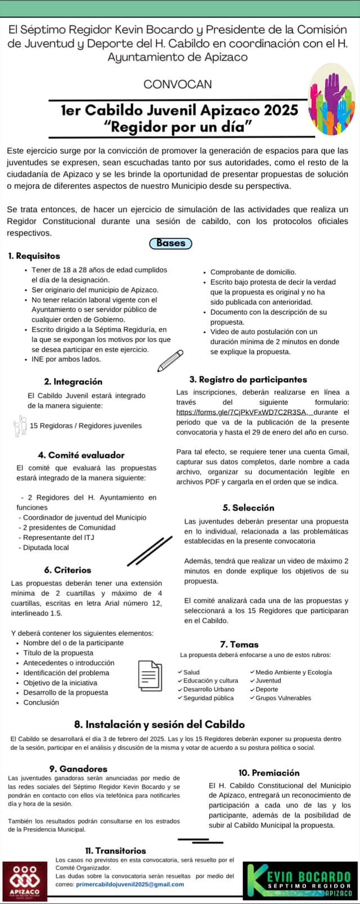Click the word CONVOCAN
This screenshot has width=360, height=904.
178,84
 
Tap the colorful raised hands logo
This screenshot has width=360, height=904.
332,99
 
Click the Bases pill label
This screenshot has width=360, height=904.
171,244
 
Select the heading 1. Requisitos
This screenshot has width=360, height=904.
34,256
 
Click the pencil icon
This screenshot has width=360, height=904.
170,360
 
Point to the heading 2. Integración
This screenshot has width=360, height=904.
73,381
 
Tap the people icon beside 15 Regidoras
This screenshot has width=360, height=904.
20,425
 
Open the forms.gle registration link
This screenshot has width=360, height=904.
241,412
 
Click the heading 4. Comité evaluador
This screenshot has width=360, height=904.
81,455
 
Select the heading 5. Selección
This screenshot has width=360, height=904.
248,507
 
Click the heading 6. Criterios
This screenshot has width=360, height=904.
67,570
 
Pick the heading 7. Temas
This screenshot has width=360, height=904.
239,644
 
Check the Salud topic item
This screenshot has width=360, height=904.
191,672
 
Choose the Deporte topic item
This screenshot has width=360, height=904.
267,689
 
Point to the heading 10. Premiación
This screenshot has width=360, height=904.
269,773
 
